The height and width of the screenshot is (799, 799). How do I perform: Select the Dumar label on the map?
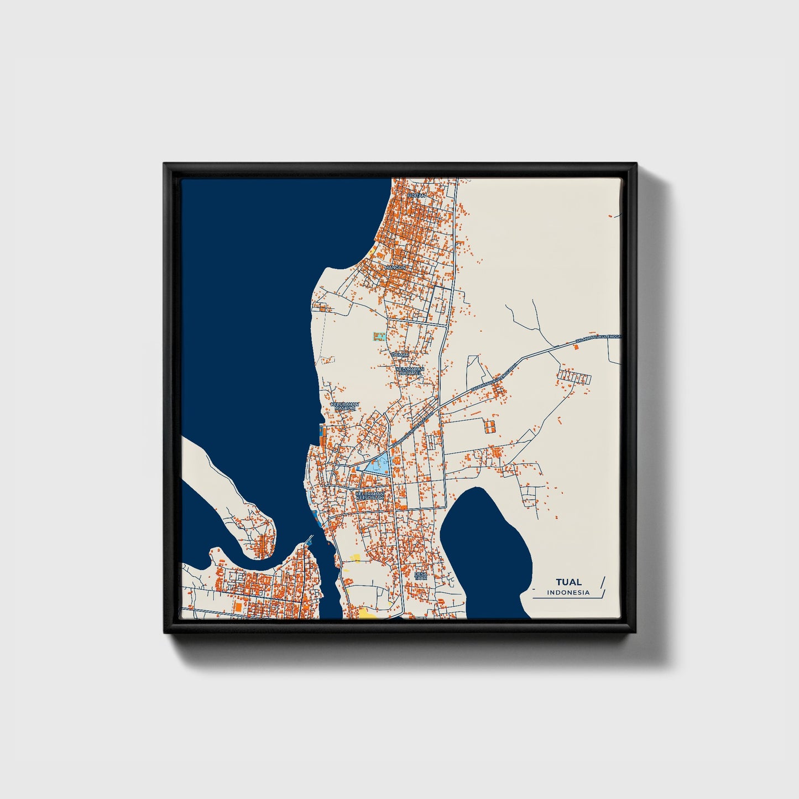400,354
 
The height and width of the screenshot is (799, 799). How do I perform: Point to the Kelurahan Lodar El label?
410,370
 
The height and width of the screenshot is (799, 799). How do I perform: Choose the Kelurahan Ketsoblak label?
369,495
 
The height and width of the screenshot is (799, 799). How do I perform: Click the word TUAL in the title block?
568,582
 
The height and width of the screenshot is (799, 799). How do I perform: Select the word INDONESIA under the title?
568,593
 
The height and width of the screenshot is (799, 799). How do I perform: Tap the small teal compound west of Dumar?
378,336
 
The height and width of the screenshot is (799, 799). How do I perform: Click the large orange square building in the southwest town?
238,607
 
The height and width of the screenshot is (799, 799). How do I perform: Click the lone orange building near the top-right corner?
610,216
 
